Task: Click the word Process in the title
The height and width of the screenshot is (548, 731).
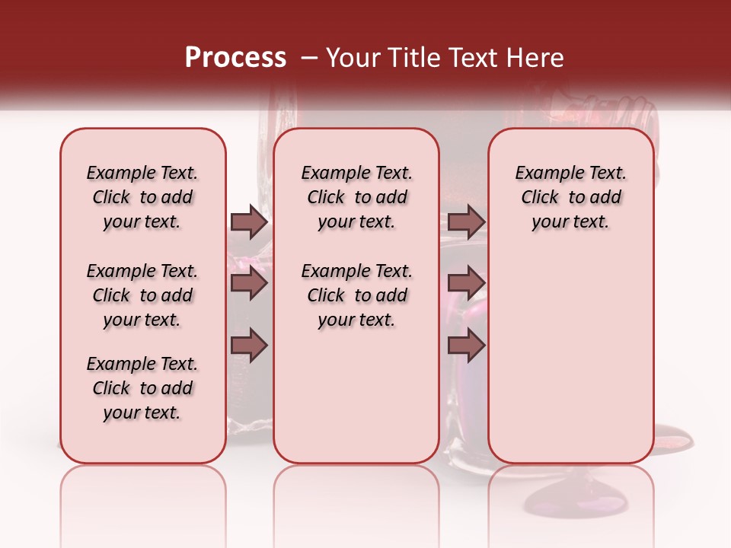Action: pos(235,58)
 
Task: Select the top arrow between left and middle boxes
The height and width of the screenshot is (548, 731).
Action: pos(249,221)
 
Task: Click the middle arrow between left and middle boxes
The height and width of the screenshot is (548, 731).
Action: pos(249,284)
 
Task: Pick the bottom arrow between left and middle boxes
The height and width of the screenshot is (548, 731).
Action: pos(249,345)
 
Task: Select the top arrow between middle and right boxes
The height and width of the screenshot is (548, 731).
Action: pos(466,221)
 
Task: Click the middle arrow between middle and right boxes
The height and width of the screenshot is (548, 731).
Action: pos(466,284)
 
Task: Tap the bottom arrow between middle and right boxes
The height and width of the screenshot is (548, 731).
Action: pos(466,345)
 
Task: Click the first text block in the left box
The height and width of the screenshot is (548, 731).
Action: pos(142,197)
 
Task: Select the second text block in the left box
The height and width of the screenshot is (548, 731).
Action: pos(142,295)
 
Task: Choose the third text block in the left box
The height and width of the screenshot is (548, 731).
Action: pos(142,388)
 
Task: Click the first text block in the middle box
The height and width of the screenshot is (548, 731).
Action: pos(356,197)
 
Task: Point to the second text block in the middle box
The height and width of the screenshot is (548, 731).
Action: pos(356,295)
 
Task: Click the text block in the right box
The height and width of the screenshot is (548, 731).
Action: pos(570,197)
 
